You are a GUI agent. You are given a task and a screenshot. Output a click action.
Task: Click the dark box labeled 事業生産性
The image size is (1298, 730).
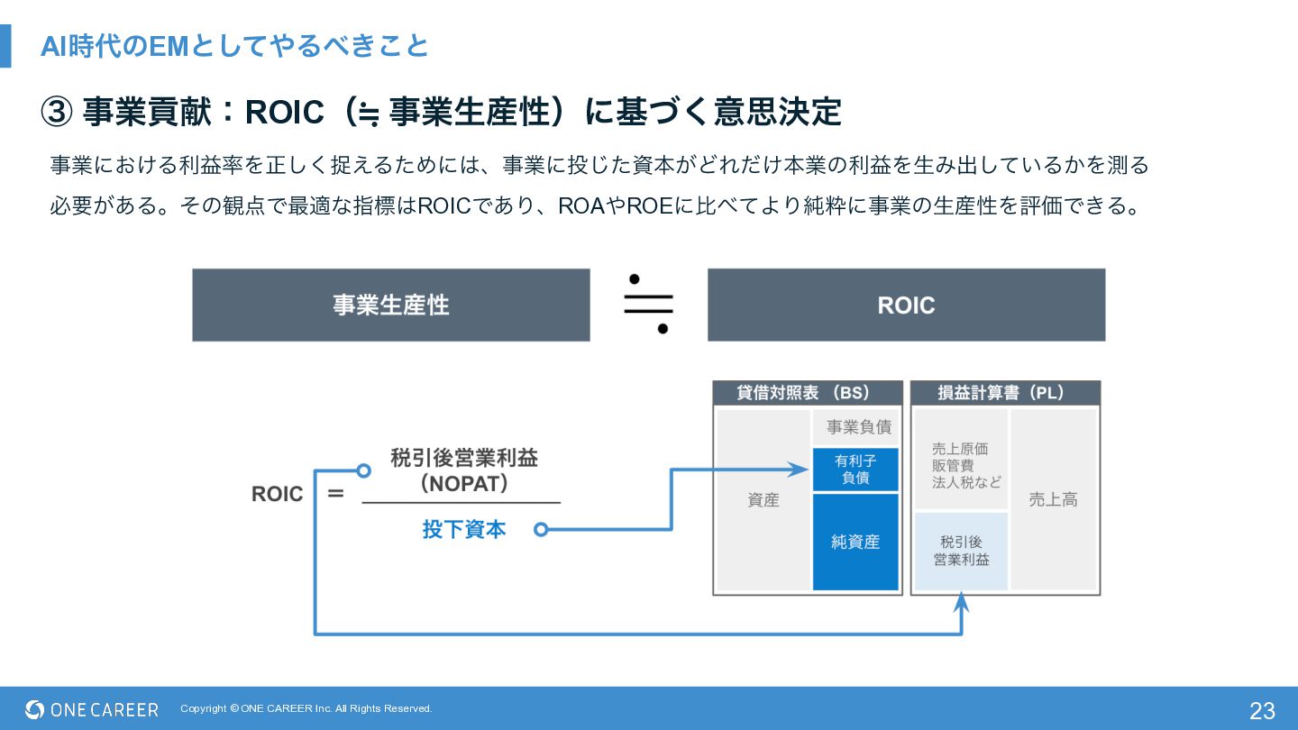[x=391, y=305]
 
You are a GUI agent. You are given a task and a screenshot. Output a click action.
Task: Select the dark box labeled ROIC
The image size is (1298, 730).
[x=906, y=305]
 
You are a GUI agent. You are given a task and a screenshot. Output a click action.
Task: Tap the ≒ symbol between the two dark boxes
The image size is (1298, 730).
[x=648, y=305]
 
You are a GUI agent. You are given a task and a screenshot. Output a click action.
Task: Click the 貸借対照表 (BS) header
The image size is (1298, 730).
[x=808, y=393]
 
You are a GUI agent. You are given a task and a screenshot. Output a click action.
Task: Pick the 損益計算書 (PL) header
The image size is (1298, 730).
[x=1005, y=393]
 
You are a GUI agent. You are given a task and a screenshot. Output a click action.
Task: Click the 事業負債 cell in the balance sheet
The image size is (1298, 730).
[x=856, y=427]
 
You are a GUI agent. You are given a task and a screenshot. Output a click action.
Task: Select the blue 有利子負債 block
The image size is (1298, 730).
[x=856, y=470]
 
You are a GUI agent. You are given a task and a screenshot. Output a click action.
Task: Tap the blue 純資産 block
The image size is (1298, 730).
[x=856, y=542]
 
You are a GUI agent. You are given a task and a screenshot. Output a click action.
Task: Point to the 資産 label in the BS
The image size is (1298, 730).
[x=763, y=500]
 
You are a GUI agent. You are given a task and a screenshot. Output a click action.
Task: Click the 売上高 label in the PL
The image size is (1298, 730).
[x=1053, y=499]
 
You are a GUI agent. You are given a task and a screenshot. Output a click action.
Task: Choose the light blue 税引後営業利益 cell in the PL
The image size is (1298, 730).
[x=961, y=551]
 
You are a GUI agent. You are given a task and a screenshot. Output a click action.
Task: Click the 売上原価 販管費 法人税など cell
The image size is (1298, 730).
[x=961, y=459]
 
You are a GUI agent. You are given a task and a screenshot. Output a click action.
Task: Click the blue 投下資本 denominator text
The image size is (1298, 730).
[x=464, y=530]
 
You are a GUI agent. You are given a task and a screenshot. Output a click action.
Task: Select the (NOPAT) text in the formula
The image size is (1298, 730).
[x=464, y=484]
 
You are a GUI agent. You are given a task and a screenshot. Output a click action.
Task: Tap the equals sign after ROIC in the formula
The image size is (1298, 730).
[x=335, y=494]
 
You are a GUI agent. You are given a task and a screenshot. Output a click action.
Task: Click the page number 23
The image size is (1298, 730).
[x=1262, y=711]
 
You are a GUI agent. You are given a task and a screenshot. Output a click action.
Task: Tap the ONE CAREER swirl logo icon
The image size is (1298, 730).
[x=35, y=709]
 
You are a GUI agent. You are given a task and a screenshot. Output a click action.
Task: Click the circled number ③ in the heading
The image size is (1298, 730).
[x=57, y=112]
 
